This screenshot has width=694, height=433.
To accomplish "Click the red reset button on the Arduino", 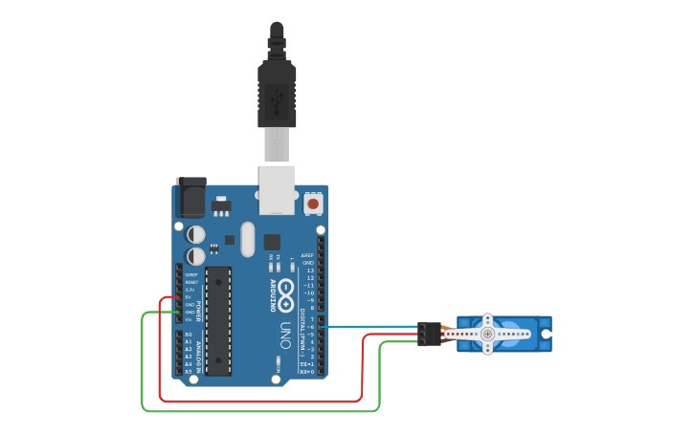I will (313, 204).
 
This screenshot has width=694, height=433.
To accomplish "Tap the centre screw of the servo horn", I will (487, 334).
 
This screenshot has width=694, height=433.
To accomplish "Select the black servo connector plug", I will (430, 334).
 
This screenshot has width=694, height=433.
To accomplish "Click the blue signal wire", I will (373, 326).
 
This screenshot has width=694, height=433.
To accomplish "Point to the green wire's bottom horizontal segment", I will (258, 411).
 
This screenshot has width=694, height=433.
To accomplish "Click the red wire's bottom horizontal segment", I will (258, 401).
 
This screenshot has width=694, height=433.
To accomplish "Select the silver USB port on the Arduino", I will (278, 188).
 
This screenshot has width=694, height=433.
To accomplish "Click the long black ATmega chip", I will (218, 321).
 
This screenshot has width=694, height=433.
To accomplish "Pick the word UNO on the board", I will (284, 336).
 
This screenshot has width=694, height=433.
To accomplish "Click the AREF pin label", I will (307, 256).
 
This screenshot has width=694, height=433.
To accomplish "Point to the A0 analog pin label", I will (189, 335).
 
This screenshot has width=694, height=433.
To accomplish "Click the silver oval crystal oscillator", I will (248, 239).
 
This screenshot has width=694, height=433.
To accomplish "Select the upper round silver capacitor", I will (196, 234).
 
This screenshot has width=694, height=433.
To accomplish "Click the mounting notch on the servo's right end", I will (547, 334).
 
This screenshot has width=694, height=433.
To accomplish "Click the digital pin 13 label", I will (309, 271).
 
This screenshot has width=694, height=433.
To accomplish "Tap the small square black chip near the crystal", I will (272, 241).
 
